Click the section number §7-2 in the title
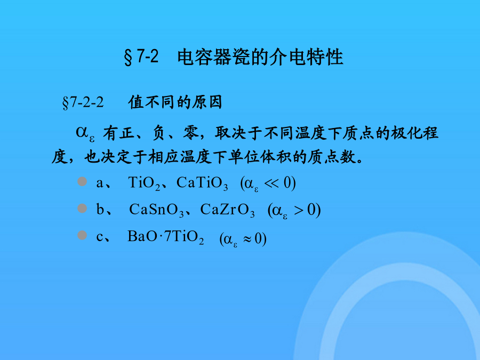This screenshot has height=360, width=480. [x=141, y=57]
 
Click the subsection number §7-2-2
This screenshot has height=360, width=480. [x=83, y=102]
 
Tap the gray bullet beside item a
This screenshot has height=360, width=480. [x=82, y=181]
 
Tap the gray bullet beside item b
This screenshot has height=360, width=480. [x=82, y=209]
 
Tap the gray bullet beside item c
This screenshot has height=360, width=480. [x=82, y=235]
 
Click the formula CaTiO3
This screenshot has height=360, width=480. [x=202, y=183]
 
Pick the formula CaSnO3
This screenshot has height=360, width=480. [x=156, y=210]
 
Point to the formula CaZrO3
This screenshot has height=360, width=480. [x=227, y=210]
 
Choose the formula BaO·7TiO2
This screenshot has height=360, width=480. [x=166, y=237]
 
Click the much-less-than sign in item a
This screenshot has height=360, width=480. [x=271, y=183]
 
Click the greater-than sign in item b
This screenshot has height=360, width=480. [x=299, y=210]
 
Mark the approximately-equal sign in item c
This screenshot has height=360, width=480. [x=247, y=239]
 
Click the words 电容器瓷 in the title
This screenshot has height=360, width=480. [x=214, y=57]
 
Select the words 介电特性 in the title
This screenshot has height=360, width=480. [x=306, y=57]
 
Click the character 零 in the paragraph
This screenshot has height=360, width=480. [x=191, y=133]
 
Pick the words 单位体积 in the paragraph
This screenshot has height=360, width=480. [x=260, y=157]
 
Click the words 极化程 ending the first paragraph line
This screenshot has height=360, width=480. [x=415, y=133]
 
